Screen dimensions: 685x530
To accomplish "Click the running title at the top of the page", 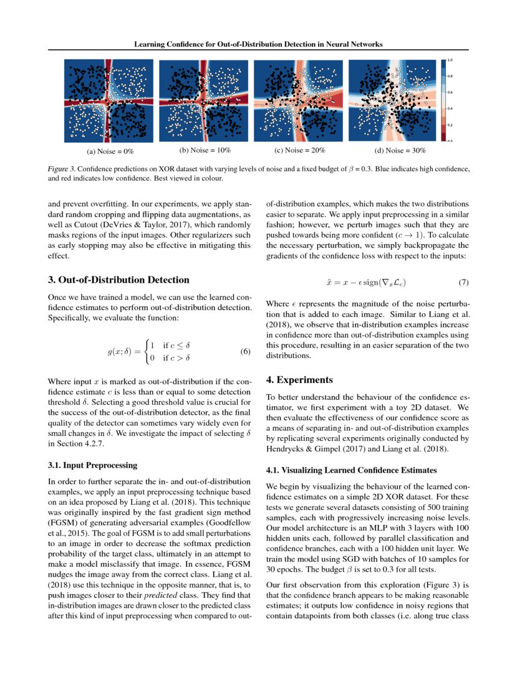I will tap(258, 44).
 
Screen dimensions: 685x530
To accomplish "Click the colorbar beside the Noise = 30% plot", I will tap(443, 100).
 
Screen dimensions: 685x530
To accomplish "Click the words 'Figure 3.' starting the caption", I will tap(61, 169).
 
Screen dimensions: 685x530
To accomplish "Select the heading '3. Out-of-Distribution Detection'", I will tap(118, 280).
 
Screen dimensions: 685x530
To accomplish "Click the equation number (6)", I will tap(245, 352).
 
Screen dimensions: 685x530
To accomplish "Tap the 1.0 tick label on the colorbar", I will tap(450, 60).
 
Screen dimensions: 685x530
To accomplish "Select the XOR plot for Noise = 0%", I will tap(108, 100).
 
